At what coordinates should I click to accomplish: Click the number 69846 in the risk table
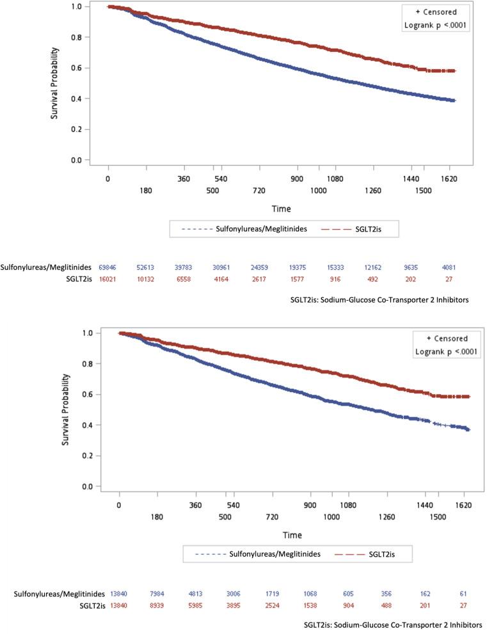[x=108, y=267]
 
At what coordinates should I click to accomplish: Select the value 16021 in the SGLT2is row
[x=108, y=279]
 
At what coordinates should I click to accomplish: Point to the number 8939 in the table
[x=158, y=606]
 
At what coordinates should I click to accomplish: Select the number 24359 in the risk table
[x=259, y=267]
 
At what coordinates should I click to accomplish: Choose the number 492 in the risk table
[x=373, y=279]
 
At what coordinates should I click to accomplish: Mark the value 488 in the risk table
[x=386, y=606]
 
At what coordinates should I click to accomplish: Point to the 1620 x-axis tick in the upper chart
[x=449, y=179]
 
